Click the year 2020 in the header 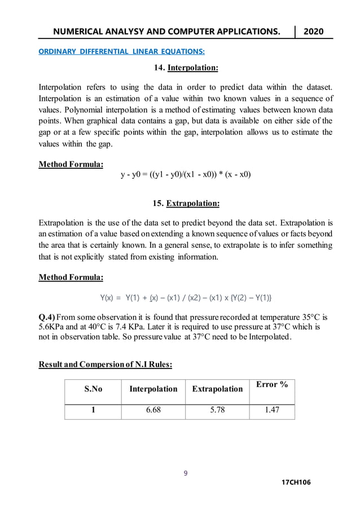point(314,31)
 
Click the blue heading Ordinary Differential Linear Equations point(121,52)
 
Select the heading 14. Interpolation point(186,68)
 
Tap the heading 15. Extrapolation point(186,203)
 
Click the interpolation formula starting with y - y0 point(186,174)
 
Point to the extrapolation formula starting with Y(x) point(186,297)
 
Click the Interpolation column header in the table point(153,389)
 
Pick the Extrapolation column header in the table point(217,389)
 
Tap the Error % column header point(271,384)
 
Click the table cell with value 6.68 point(153,410)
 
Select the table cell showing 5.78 point(217,410)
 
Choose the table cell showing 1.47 point(271,410)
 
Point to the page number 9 point(186,473)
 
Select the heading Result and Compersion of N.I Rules point(105,365)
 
